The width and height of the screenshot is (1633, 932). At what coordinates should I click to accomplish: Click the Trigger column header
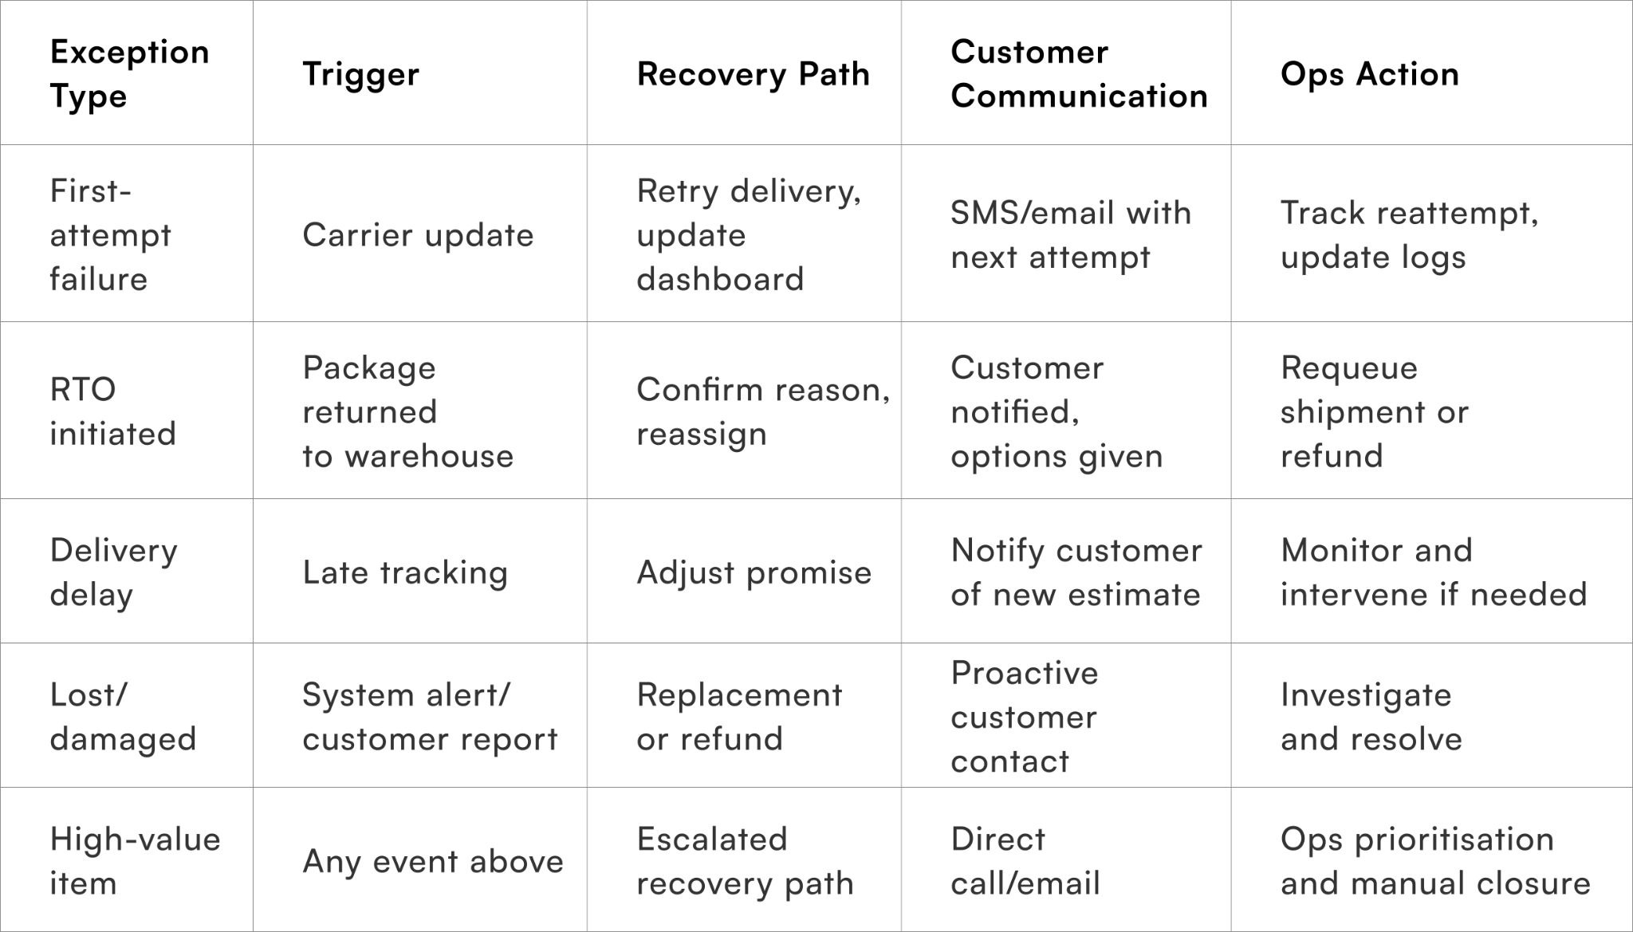360,74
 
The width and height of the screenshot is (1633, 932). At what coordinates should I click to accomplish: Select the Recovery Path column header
753,74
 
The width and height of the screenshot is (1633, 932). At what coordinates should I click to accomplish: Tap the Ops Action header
1369,74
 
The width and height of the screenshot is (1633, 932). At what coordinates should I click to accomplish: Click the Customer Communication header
1078,74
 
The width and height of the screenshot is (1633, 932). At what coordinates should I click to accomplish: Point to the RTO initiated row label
112,411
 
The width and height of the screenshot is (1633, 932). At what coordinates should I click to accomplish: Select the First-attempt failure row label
110,235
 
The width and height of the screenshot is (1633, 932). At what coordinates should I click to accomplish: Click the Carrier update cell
418,235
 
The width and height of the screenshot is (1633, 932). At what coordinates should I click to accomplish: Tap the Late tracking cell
405,572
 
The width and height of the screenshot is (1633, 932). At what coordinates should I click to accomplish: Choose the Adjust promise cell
754,572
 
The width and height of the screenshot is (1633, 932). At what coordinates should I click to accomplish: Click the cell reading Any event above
433,862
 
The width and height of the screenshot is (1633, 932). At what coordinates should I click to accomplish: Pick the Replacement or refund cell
738,717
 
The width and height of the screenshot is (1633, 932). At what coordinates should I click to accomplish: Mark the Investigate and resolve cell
1371,717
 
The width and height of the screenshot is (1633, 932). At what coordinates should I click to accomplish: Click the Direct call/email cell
1025,861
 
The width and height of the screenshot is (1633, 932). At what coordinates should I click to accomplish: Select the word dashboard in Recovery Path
719,280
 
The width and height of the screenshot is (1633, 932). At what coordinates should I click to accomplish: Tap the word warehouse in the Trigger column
429,456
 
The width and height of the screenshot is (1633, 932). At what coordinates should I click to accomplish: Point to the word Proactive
1024,674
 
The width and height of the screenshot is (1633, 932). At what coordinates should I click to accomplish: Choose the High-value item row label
135,861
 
